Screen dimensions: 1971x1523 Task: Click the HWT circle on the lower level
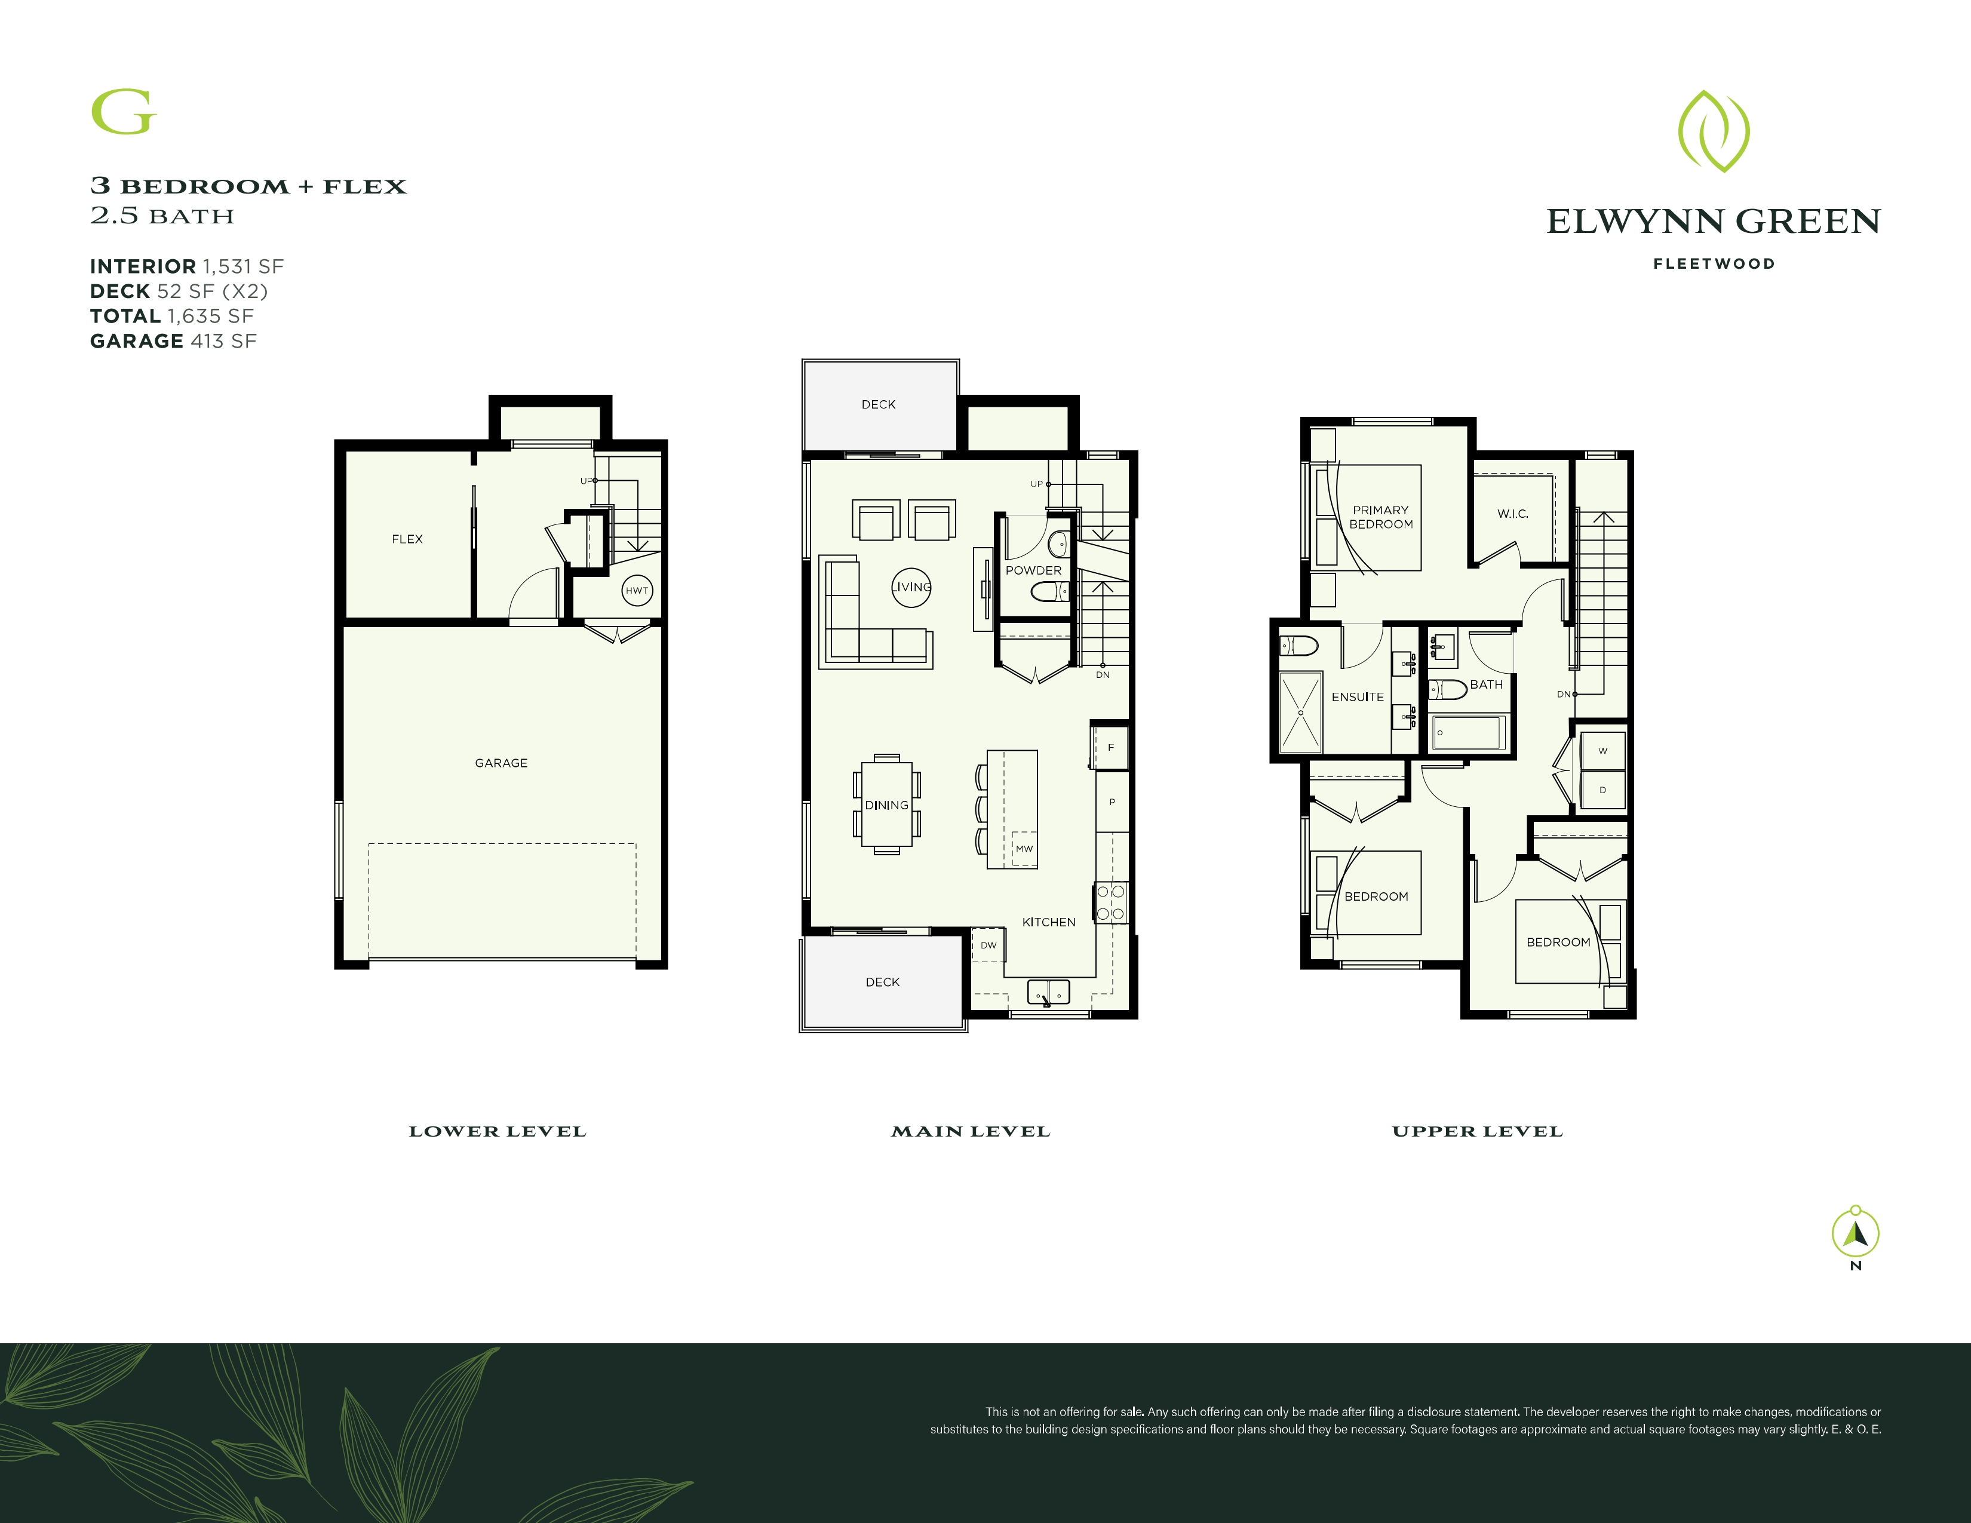tap(637, 590)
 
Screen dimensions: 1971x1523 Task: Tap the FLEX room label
tap(407, 539)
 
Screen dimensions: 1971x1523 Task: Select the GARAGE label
tap(501, 763)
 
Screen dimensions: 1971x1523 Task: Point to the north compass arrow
tap(1856, 1233)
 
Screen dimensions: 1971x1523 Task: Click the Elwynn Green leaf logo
tap(1713, 131)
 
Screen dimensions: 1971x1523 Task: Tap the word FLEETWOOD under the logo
tap(1714, 263)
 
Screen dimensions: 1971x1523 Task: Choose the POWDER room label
tap(1033, 570)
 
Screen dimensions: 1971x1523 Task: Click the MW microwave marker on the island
tap(1024, 848)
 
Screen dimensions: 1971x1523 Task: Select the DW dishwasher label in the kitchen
tap(988, 945)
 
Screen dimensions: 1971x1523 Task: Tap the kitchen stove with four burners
tap(1111, 902)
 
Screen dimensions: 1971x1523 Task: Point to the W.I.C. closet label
tap(1512, 514)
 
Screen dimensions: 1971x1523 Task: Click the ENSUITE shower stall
tap(1300, 712)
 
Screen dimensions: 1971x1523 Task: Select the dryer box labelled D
tap(1603, 790)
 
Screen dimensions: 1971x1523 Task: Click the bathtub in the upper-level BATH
tap(1467, 732)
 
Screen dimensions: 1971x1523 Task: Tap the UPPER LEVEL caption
tap(1477, 1131)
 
